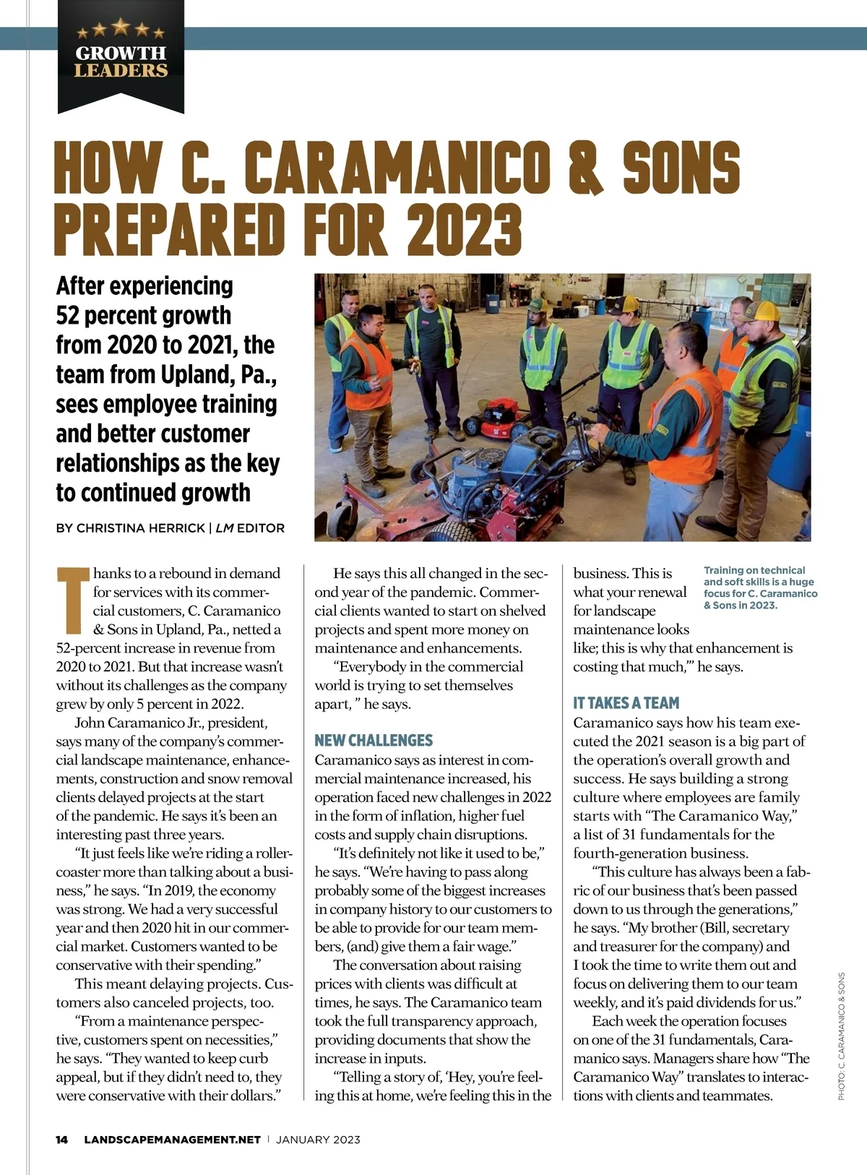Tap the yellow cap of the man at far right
[x=760, y=310]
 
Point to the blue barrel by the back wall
[x=493, y=302]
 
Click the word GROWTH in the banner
[x=121, y=53]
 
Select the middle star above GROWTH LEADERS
[x=121, y=27]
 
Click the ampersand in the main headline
[x=586, y=167]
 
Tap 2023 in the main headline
[x=465, y=228]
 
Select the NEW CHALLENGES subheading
[x=374, y=740]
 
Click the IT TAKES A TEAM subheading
[x=626, y=702]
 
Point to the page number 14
[x=62, y=1140]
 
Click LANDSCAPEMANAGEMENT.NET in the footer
[x=172, y=1140]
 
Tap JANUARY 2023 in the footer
[x=318, y=1140]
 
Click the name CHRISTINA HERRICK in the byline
[x=141, y=528]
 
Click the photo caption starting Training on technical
[x=760, y=587]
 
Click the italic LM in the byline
[x=224, y=528]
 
